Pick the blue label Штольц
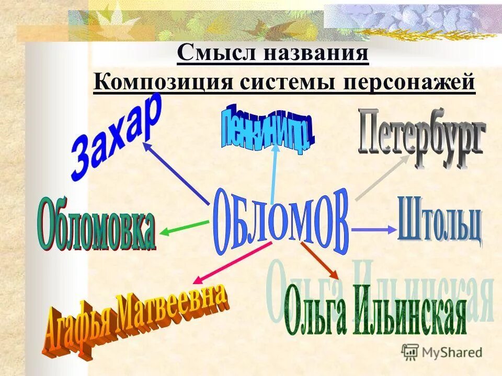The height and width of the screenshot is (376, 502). pos(439,219)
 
